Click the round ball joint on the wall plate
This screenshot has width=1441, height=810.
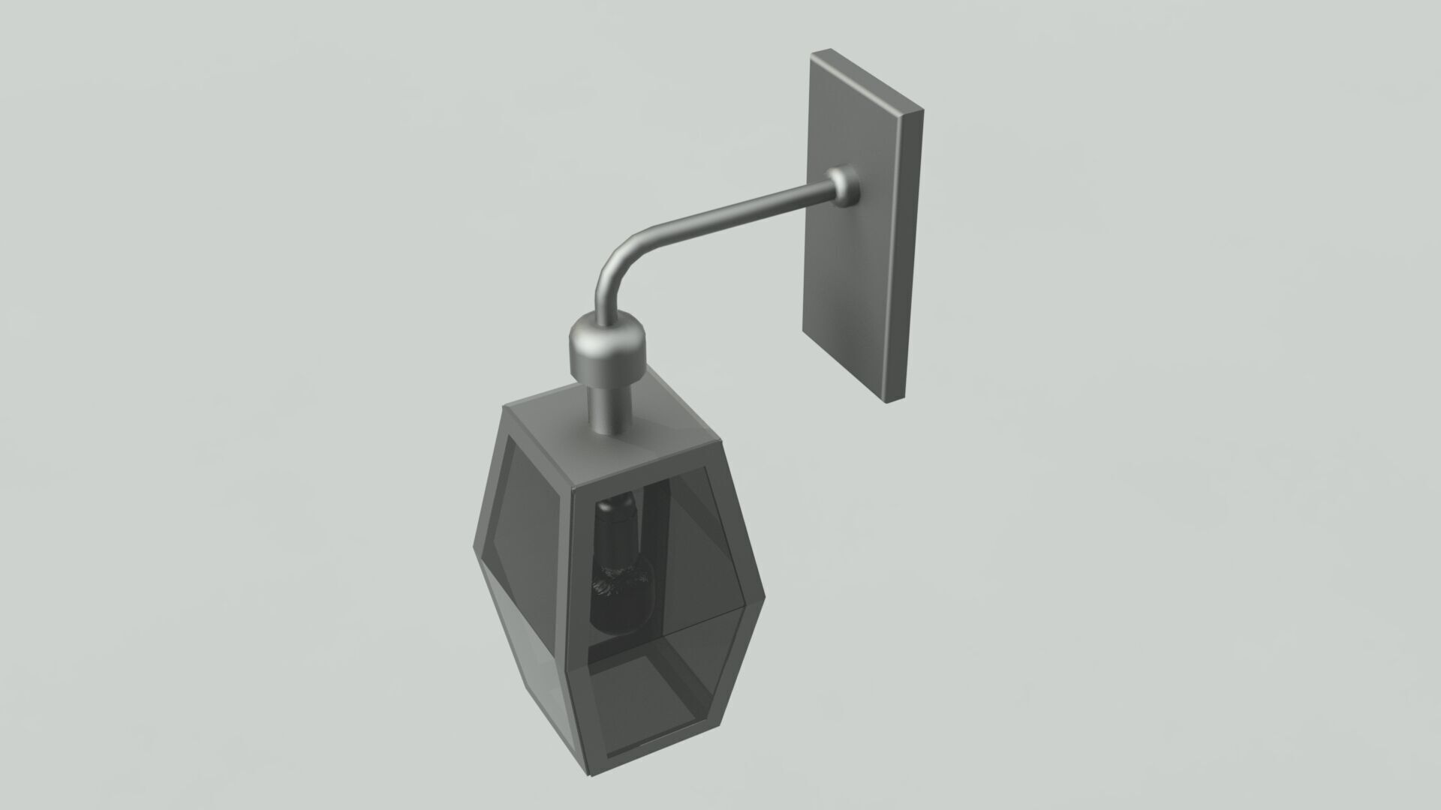tap(844, 187)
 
